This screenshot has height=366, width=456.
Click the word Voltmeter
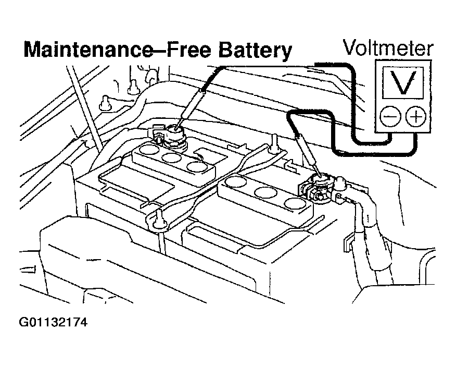point(388,48)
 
